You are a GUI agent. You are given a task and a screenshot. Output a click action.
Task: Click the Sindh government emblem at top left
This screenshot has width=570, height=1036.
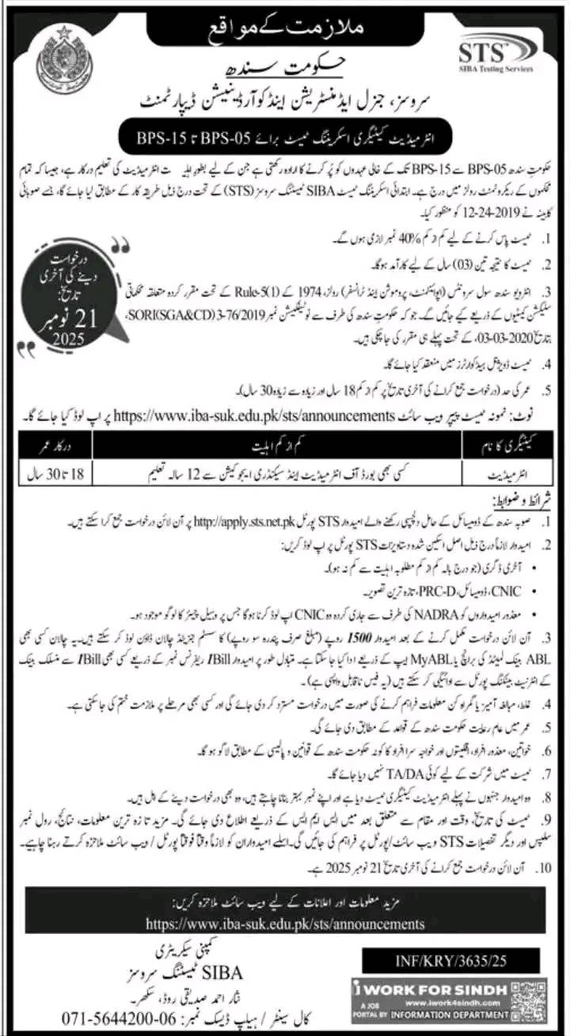click(63, 59)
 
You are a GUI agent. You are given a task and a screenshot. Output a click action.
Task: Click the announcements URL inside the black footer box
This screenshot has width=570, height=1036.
click(285, 924)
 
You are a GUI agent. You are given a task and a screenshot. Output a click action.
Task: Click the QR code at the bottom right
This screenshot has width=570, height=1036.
click(529, 1000)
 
